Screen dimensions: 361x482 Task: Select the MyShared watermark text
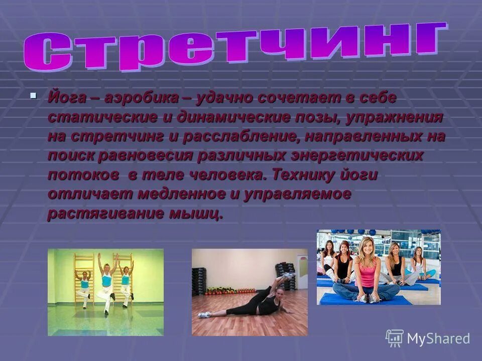pos(438,338)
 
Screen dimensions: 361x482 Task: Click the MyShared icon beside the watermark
pos(395,338)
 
